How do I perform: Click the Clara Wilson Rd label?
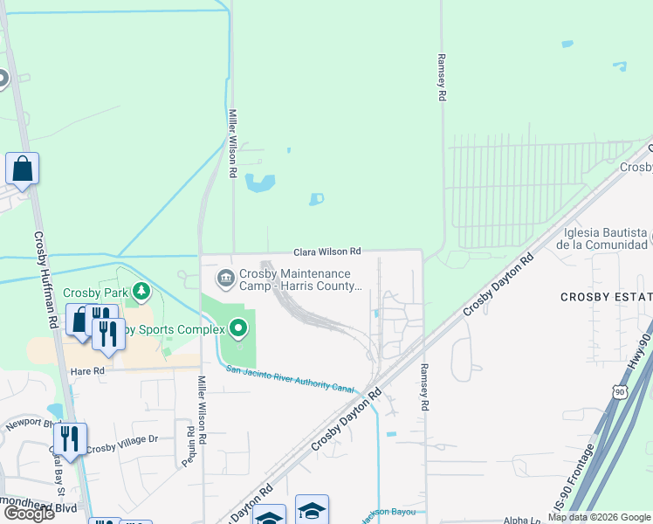(x=326, y=252)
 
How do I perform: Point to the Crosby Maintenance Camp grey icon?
(x=224, y=279)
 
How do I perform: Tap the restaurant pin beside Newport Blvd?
(x=70, y=439)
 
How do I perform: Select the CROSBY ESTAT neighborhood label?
(x=606, y=298)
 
